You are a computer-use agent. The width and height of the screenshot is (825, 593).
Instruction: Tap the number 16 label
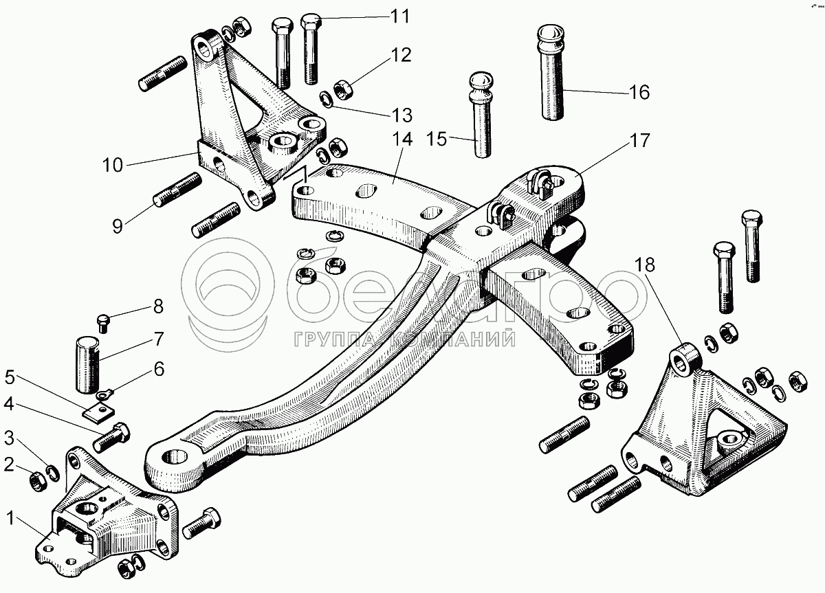point(639,91)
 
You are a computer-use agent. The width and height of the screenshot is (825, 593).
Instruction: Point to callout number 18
point(645,265)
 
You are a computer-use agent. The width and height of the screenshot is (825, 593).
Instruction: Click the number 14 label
point(402,139)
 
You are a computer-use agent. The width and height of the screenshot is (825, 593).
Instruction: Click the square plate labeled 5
point(98,411)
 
